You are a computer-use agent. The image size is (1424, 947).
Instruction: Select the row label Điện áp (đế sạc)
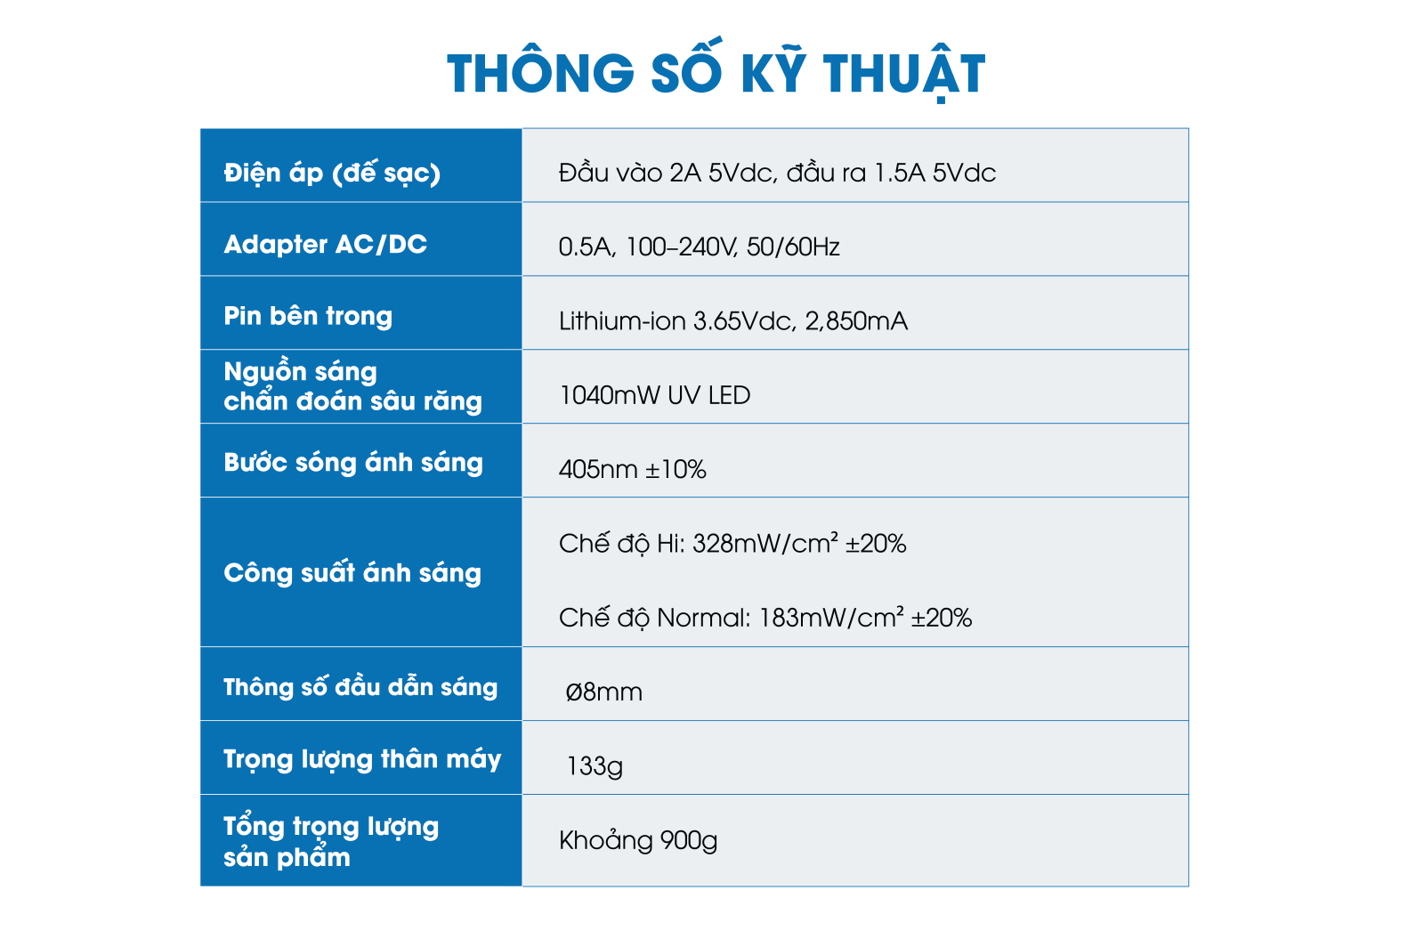pos(332,173)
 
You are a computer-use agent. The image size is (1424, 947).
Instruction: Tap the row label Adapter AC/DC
pos(325,244)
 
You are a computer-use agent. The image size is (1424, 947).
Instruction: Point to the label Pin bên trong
pos(308,317)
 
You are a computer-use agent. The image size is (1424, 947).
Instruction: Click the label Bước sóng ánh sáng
pos(352,462)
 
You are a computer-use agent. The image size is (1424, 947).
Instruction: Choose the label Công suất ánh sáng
pos(352,572)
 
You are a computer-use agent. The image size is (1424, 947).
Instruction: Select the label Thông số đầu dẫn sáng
pos(360,686)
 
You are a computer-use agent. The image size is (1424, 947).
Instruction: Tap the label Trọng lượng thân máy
pos(361,759)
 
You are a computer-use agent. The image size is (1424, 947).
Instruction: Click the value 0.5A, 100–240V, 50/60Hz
pos(699,247)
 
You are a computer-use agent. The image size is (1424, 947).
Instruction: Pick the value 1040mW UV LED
pos(654,395)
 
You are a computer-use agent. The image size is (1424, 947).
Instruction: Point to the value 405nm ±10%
pos(632,469)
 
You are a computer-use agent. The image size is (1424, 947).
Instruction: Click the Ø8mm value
pos(603,692)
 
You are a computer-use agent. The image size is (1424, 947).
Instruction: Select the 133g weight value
pos(594,765)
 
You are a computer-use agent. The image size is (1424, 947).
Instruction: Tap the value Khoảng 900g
pos(637,840)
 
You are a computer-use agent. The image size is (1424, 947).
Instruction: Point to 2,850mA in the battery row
pos(855,321)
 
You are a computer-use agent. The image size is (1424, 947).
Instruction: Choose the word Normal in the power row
pos(703,618)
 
